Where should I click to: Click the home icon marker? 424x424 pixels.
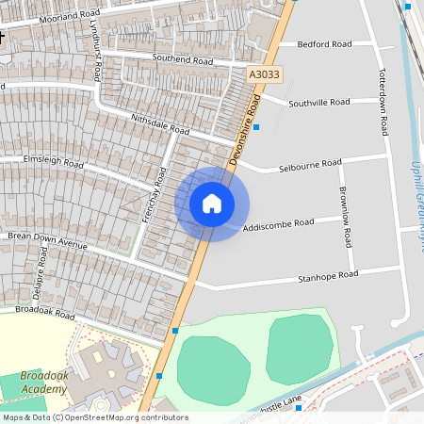coord(212,204)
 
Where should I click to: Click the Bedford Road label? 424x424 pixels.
coord(324,44)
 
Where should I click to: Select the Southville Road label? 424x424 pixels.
coord(319,102)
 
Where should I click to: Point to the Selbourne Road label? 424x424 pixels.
coord(309,165)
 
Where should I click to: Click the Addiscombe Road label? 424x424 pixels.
coord(277,225)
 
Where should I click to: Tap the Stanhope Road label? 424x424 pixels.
coord(328,276)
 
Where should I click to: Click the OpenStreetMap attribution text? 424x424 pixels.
coord(94,417)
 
